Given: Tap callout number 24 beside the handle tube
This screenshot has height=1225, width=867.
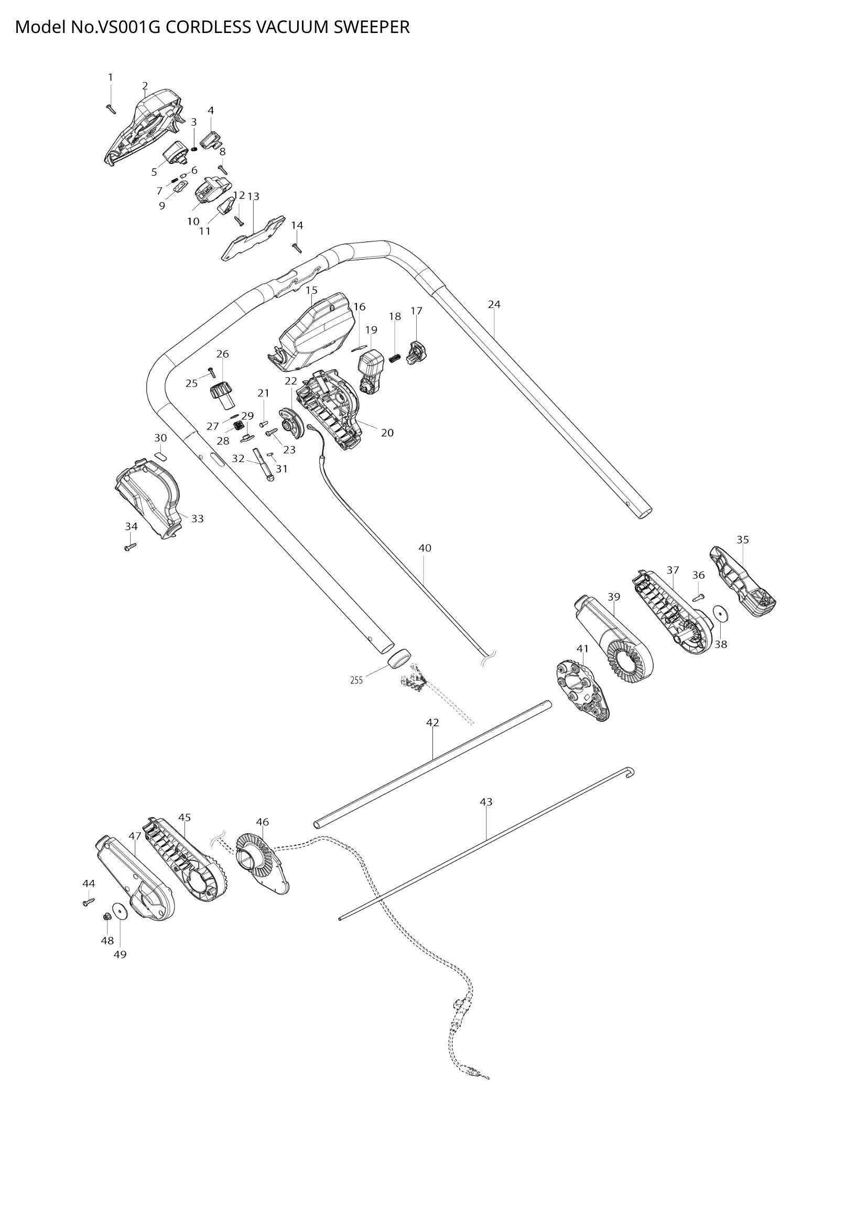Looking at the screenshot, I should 494,305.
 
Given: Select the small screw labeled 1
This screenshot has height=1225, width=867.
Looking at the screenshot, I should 111,108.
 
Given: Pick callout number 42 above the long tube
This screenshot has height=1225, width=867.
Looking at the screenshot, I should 432,722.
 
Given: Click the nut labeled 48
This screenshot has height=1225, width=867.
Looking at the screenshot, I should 107,917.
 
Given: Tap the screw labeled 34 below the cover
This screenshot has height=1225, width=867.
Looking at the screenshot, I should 129,546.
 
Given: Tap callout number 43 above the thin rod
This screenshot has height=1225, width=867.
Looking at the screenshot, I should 486,802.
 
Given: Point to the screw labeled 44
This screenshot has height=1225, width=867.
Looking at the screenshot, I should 89,902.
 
